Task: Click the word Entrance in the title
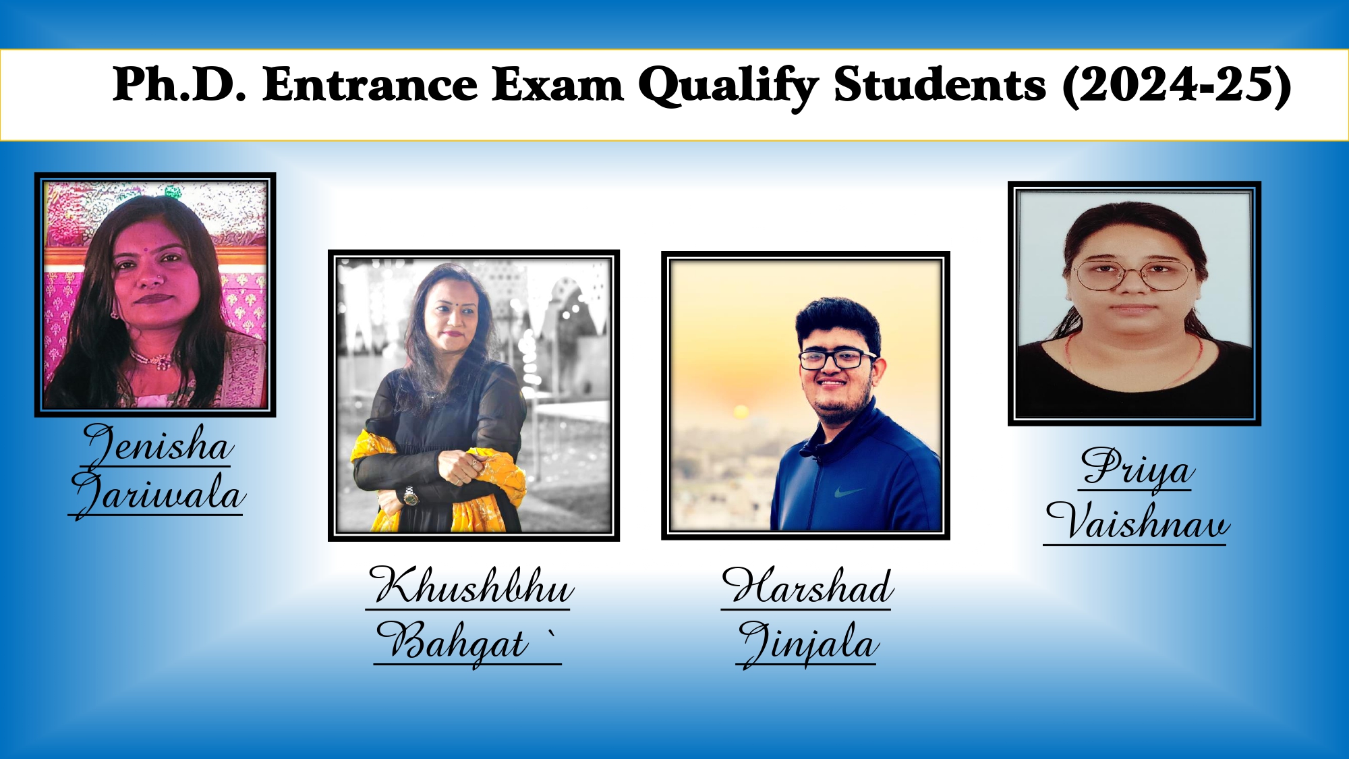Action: (370, 85)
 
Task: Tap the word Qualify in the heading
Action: (728, 87)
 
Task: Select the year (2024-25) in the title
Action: (1177, 86)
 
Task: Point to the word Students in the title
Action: (940, 85)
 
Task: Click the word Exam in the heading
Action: (558, 85)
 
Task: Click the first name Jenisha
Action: (158, 444)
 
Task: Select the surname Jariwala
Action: (157, 495)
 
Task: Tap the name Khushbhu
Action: (471, 586)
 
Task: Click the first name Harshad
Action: (808, 586)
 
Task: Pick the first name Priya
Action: (1137, 468)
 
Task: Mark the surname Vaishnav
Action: (1137, 521)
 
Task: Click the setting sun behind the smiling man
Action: (741, 411)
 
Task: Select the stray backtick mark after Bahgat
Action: (552, 634)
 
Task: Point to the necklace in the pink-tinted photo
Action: (156, 360)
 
